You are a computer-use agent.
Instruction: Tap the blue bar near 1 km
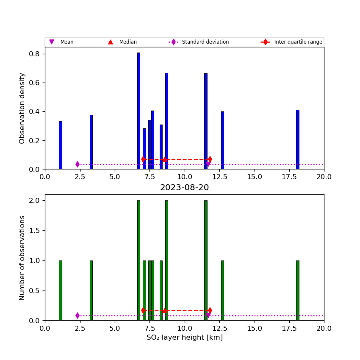tap(60, 145)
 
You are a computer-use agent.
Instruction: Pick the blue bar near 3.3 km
tap(91, 142)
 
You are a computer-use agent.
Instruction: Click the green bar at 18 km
tap(297, 291)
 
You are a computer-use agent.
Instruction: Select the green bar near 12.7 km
tap(222, 291)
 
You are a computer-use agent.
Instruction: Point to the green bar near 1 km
tap(60, 291)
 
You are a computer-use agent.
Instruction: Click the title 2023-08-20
tap(184, 188)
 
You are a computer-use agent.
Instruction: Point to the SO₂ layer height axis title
tap(184, 338)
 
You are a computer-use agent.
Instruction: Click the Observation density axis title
tap(22, 108)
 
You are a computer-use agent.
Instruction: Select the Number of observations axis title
tap(22, 258)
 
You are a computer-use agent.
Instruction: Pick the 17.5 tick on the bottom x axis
tap(289, 328)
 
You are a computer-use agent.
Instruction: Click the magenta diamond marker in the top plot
tap(78, 164)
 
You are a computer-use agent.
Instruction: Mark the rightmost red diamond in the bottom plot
tap(210, 310)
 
